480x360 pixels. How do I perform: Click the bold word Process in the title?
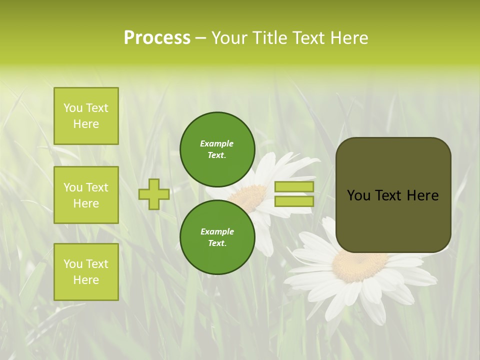(x=157, y=38)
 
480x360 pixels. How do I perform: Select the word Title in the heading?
(x=269, y=38)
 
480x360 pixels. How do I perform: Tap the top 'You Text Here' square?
(x=86, y=116)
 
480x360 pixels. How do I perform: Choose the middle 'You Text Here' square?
(x=86, y=195)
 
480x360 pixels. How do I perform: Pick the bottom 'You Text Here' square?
(x=86, y=272)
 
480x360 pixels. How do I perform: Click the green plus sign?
(x=154, y=194)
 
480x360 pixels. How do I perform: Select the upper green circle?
(x=217, y=149)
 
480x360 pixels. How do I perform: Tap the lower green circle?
(x=217, y=237)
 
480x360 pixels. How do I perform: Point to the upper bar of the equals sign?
(x=294, y=187)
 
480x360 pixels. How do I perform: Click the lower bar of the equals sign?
(x=294, y=201)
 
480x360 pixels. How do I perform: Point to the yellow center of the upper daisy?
(x=250, y=196)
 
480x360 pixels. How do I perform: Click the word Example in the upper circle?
(x=217, y=143)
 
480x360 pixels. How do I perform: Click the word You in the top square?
(x=72, y=108)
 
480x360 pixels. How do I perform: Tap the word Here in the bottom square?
(x=86, y=280)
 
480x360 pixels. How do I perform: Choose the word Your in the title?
(x=230, y=38)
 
